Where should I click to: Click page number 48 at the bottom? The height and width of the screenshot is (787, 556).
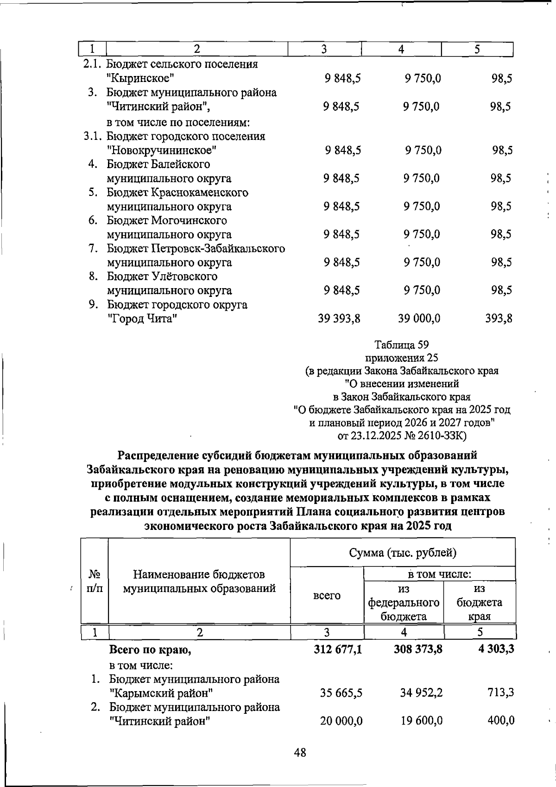[x=300, y=752]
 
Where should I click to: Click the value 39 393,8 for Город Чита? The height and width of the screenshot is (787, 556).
[x=339, y=319]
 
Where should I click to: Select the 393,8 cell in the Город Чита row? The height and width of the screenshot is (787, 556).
[x=499, y=319]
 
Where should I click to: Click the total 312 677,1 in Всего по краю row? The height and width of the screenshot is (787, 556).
[x=338, y=649]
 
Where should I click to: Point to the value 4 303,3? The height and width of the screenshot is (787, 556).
[x=496, y=649]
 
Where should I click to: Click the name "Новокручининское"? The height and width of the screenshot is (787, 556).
[x=161, y=151]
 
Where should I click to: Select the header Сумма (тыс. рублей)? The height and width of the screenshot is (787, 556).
[x=403, y=553]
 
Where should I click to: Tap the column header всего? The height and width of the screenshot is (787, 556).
[x=327, y=596]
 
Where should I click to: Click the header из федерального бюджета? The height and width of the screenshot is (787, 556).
[x=404, y=602]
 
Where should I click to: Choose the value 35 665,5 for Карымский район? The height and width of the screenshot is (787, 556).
[x=341, y=693]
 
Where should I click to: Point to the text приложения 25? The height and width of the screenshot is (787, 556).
[x=402, y=358]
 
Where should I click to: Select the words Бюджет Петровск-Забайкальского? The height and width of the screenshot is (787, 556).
[x=196, y=249]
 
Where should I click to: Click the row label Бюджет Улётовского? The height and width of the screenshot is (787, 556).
[x=162, y=277]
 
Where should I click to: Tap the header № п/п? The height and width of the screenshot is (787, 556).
[x=95, y=582]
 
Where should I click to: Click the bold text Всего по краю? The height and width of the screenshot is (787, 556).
[x=150, y=650]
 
